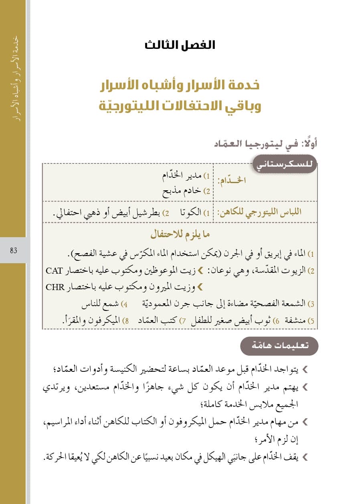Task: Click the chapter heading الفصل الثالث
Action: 180,45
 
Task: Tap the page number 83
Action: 13,251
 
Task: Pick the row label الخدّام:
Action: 232,180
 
